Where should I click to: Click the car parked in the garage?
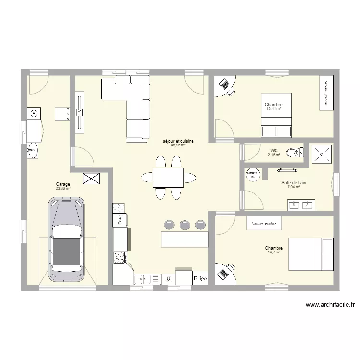pos(66,240)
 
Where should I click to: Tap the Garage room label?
pos(63,184)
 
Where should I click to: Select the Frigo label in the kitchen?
pos(200,278)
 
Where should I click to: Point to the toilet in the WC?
pos(293,153)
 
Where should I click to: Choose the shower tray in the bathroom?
pos(320,153)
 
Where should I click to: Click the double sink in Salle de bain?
pos(301,205)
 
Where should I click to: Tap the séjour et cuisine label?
pos(178,141)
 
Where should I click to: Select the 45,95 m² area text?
pos(178,145)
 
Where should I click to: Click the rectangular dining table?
pos(168,178)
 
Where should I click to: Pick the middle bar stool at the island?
pos(184,224)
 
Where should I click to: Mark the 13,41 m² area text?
pos(274,109)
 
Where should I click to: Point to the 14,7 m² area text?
pos(274,252)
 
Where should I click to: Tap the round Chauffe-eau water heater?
pos(253,173)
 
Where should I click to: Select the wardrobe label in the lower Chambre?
pos(264,224)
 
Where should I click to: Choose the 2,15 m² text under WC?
pos(274,155)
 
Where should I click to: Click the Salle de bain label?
pos(294,183)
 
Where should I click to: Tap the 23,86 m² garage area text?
pos(63,189)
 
